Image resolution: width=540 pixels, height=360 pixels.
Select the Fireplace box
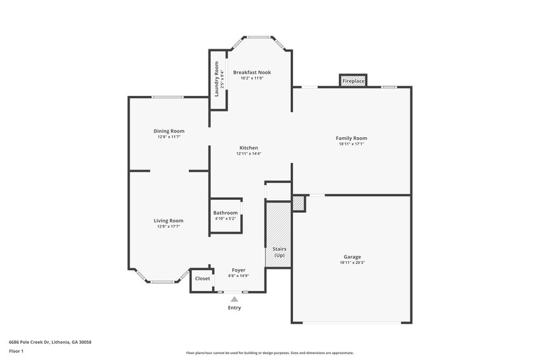click(x=353, y=81)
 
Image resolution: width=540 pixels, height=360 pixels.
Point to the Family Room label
click(x=351, y=138)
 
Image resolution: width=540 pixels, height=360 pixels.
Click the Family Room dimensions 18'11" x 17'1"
click(x=351, y=144)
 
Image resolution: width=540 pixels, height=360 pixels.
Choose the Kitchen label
click(x=248, y=148)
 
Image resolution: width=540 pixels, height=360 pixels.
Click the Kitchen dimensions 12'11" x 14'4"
click(x=248, y=154)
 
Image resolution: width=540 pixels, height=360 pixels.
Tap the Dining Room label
click(x=169, y=131)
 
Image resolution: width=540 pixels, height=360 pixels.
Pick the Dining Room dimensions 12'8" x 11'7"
click(x=169, y=137)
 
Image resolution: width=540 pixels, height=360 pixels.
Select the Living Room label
click(x=169, y=220)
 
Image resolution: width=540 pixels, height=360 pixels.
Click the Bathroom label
click(x=225, y=213)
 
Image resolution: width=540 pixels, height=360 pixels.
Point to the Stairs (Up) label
click(x=279, y=252)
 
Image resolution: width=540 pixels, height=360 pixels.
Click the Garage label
click(x=352, y=257)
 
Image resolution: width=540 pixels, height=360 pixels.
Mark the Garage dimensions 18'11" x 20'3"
click(x=352, y=263)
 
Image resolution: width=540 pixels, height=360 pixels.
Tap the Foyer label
click(x=239, y=269)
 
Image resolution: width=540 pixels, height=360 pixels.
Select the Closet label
click(x=202, y=278)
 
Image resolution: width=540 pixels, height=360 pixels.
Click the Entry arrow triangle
click(x=234, y=298)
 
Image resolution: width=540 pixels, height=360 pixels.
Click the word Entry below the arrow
click(x=234, y=308)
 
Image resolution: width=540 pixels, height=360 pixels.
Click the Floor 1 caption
click(x=17, y=352)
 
